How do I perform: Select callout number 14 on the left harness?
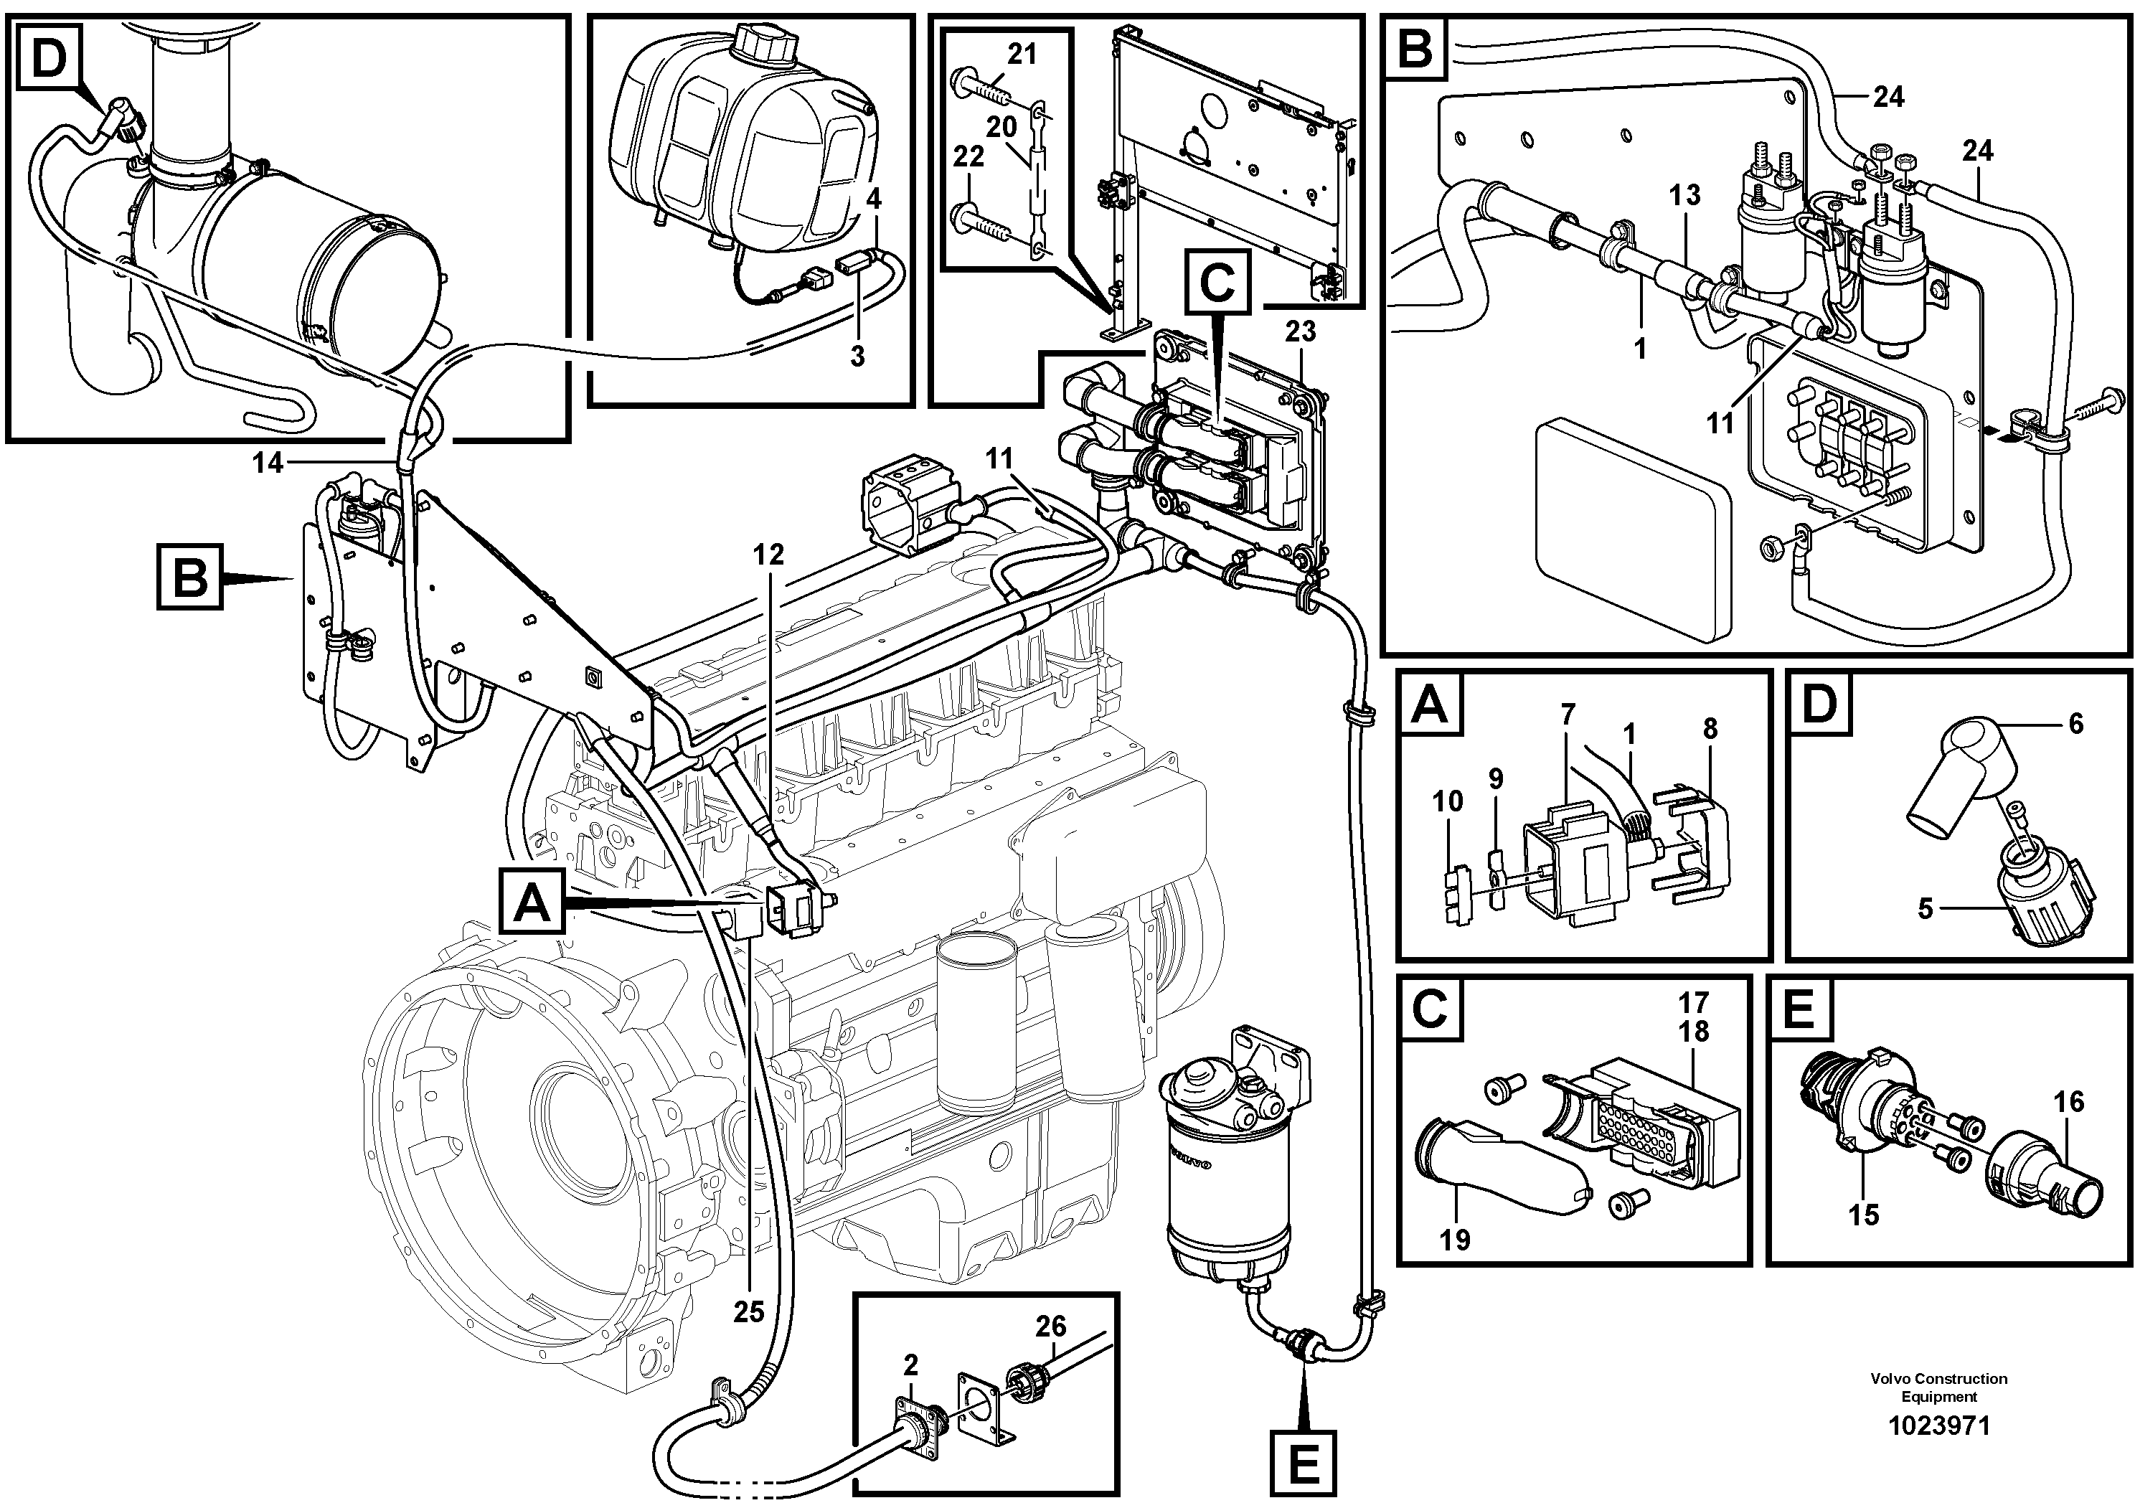[268, 462]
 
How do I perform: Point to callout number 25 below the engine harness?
[748, 1312]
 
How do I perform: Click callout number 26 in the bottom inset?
[1051, 1326]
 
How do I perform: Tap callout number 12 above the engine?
[768, 555]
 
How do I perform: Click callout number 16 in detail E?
[2070, 1103]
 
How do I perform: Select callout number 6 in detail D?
[2075, 723]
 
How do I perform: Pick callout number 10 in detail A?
[1448, 801]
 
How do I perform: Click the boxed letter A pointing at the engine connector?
[532, 903]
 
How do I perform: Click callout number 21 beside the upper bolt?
[1021, 55]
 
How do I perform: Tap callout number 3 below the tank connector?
[857, 356]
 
